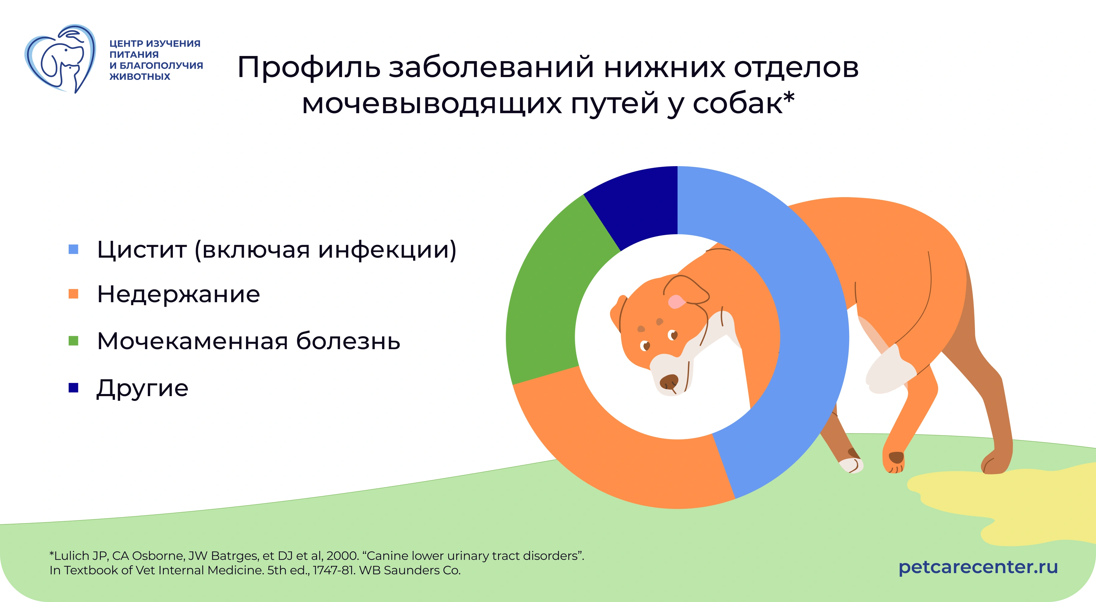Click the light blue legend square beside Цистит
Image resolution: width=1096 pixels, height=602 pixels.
[73, 249]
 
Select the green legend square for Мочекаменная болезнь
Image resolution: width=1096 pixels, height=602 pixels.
[73, 341]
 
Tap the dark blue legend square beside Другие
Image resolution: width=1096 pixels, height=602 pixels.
[73, 388]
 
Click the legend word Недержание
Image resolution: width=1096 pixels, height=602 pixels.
[178, 294]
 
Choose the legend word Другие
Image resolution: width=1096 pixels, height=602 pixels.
[142, 388]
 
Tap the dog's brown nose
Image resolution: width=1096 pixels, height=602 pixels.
[670, 382]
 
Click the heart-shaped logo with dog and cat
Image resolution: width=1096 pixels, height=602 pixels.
[60, 59]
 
